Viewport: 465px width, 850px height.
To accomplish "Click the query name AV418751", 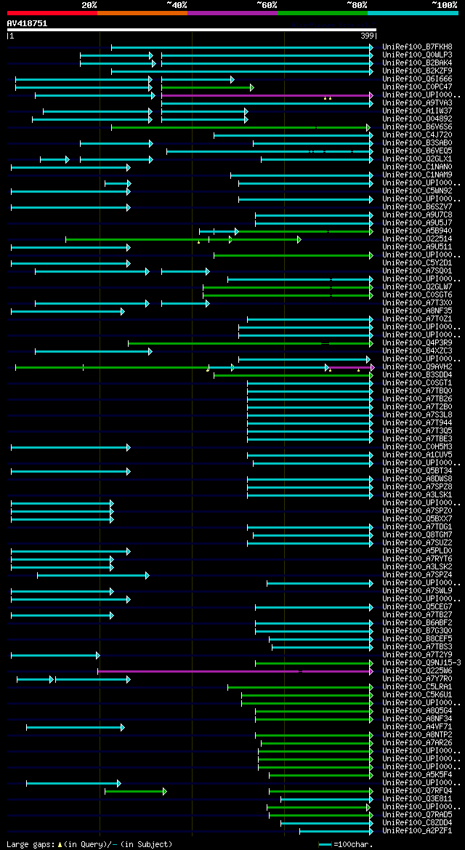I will (27, 23).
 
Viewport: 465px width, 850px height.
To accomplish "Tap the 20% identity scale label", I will (89, 5).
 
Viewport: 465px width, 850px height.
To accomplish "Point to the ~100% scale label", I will (444, 5).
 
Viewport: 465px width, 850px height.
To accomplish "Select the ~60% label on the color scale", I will (267, 5).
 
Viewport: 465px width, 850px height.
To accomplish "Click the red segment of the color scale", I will (52, 13).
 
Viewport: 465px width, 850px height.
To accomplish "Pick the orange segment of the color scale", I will (142, 13).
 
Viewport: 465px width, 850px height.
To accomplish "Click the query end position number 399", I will (368, 36).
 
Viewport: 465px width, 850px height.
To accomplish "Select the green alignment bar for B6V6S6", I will (240, 127).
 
